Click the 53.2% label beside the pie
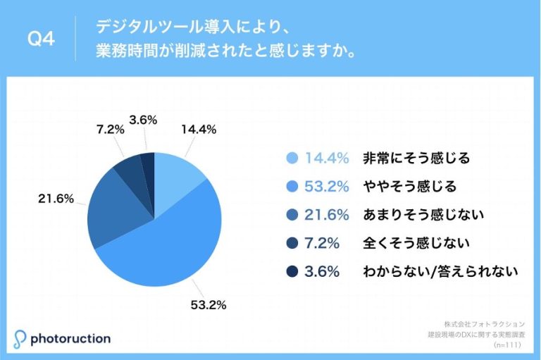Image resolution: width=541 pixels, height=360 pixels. point(210,305)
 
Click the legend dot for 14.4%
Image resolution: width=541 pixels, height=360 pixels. point(292,159)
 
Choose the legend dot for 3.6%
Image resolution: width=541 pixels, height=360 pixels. point(292,271)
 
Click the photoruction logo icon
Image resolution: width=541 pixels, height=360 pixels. point(20,337)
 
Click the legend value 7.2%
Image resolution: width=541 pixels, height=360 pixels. point(323,243)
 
